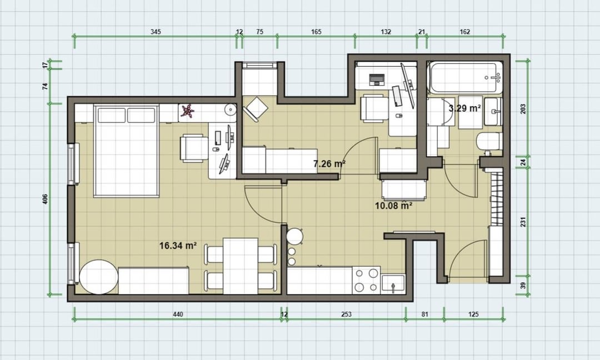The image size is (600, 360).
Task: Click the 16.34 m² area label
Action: pos(178,245)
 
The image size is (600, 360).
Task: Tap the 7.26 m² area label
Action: pos(329,164)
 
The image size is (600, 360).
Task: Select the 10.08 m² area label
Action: pos(393,206)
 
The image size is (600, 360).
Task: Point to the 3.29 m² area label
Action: pos(464,108)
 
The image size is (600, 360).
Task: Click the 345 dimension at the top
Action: pos(156,32)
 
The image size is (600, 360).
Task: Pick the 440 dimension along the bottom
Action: pos(178,314)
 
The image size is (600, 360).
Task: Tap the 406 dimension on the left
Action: pos(45,198)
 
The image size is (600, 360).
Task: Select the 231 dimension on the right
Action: pos(523,222)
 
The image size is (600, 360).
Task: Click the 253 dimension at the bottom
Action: pos(346,314)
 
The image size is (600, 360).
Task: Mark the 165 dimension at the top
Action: pos(316,32)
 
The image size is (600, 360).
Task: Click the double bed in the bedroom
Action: pos(126,151)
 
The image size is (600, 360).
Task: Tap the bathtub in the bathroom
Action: pos(466,77)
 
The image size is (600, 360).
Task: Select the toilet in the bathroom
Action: pos(489,142)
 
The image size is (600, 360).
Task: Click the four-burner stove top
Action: pos(366,280)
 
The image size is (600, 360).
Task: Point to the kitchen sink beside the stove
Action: pos(393,284)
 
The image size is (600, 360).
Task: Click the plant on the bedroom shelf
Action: pos(188,111)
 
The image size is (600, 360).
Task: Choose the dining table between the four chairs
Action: pos(241,266)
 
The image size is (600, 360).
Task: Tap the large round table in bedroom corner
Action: pos(98,277)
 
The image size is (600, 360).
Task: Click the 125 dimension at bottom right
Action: pos(473,314)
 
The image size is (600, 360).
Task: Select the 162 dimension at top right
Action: pos(465,32)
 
